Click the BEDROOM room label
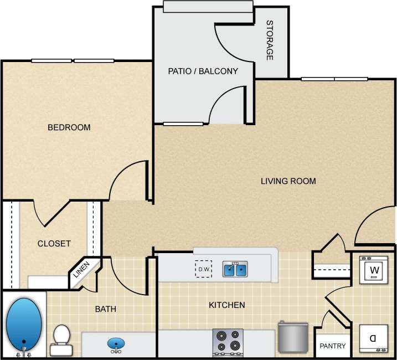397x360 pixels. click(69, 127)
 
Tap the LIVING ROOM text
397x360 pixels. click(288, 181)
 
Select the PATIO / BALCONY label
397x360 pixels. click(203, 71)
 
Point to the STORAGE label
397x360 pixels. click(270, 40)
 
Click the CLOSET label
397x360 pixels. click(54, 244)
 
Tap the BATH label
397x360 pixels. click(105, 309)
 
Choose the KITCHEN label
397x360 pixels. click(226, 305)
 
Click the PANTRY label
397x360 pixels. click(332, 347)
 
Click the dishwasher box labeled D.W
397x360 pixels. click(203, 269)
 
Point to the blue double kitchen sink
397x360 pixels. click(235, 269)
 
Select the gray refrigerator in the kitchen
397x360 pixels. click(292, 336)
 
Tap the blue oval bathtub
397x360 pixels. click(24, 324)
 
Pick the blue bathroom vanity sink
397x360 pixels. click(116, 344)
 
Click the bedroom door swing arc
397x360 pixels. click(130, 181)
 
